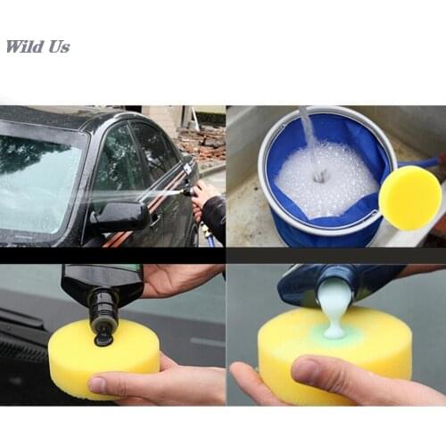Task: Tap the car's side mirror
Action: [x=120, y=215]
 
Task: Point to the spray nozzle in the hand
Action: [x=186, y=191]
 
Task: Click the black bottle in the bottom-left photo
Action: [x=103, y=294]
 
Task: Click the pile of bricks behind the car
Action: [x=200, y=143]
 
